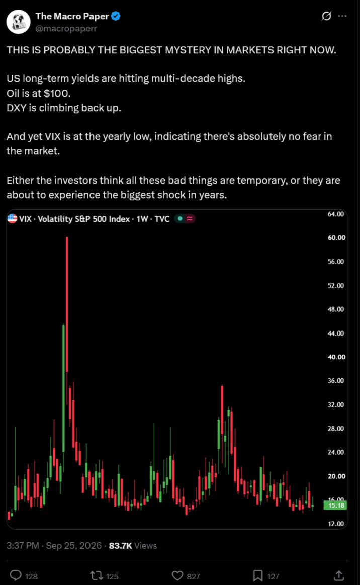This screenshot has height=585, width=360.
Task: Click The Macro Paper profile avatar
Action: click(x=18, y=22)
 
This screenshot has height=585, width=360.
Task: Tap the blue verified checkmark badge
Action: click(x=116, y=16)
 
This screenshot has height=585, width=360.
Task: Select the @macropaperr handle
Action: click(x=66, y=28)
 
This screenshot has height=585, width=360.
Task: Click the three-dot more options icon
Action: click(x=342, y=16)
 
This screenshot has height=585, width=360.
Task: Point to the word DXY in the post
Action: click(x=17, y=108)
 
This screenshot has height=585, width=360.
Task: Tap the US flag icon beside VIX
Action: click(x=12, y=219)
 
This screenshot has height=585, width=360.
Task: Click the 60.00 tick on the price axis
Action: click(x=336, y=237)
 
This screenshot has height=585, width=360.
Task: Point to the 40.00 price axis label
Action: click(x=336, y=357)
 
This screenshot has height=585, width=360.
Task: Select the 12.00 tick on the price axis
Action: click(x=336, y=524)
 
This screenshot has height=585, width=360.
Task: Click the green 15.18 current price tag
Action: click(x=336, y=505)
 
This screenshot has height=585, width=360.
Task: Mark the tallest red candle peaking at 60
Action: click(x=67, y=304)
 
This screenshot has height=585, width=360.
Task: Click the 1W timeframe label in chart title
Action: click(x=142, y=219)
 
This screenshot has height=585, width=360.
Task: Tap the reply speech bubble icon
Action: click(x=15, y=575)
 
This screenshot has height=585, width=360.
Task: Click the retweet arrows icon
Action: click(x=96, y=575)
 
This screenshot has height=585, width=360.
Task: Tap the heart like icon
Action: click(x=177, y=575)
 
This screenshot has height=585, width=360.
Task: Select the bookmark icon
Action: click(x=258, y=575)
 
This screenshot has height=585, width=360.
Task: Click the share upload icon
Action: click(x=339, y=575)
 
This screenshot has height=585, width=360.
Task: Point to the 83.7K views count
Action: click(x=120, y=546)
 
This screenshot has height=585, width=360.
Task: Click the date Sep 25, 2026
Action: click(x=73, y=546)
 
